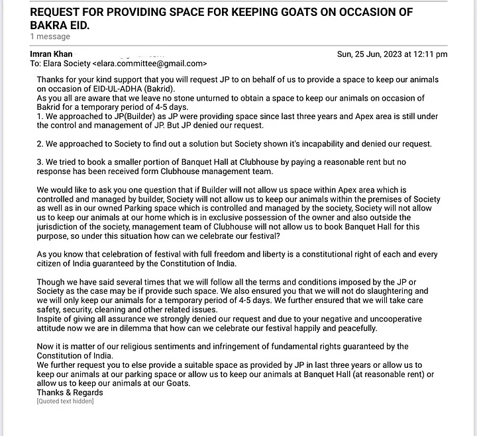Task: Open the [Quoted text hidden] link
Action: click(x=65, y=401)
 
